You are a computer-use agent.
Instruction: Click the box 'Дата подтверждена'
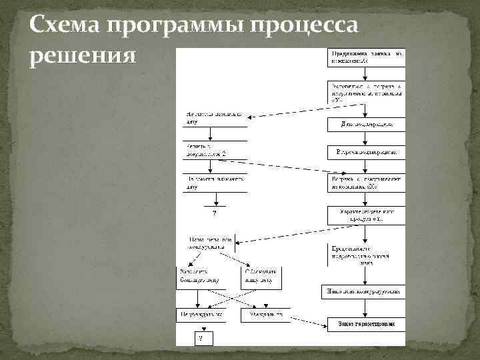(366, 125)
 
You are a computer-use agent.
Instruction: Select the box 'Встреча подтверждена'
(366, 153)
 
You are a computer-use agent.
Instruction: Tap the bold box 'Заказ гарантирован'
(366, 325)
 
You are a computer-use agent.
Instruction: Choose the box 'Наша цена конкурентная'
(366, 291)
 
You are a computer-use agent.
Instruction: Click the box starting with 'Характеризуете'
(366, 215)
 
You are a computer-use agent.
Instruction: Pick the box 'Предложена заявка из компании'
(366, 57)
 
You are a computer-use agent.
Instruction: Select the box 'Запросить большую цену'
(201, 275)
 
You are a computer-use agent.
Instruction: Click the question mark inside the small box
(203, 338)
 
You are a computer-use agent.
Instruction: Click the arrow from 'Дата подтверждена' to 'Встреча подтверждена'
(366, 139)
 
